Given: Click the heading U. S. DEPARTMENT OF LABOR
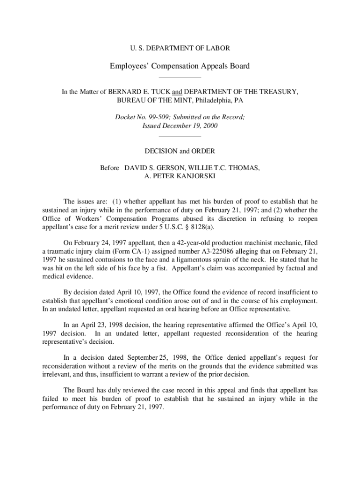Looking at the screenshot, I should click(x=180, y=48).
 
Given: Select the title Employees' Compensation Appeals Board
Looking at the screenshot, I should click(x=180, y=66).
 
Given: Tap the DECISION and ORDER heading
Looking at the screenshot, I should click(x=180, y=151).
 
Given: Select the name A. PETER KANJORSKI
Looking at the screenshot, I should click(x=180, y=176).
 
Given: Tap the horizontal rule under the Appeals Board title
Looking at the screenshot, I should click(x=180, y=77).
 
